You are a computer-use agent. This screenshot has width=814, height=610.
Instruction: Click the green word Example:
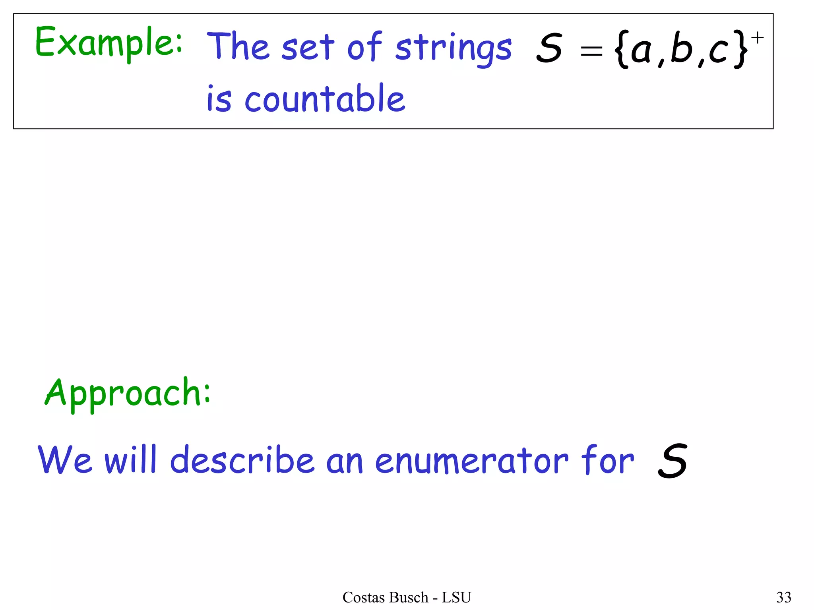coord(109,43)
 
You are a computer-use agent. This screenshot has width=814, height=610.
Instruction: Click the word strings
coord(454,49)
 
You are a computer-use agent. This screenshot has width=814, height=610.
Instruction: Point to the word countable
coord(325,99)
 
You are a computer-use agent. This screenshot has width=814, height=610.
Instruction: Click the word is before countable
coord(219,99)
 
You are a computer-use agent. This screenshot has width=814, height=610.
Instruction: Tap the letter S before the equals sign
coord(549,48)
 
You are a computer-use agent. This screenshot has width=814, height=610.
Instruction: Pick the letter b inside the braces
coord(681,48)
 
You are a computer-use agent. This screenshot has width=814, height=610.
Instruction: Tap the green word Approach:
coord(128,393)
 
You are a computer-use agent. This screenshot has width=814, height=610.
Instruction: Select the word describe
coord(242,459)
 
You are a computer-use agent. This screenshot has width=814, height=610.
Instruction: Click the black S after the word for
coord(673,461)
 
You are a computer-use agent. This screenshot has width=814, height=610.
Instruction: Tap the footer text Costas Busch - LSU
coord(407,597)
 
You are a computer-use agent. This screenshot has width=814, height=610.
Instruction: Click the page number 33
coord(784,597)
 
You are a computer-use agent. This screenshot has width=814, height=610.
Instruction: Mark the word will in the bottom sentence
coord(131,459)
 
